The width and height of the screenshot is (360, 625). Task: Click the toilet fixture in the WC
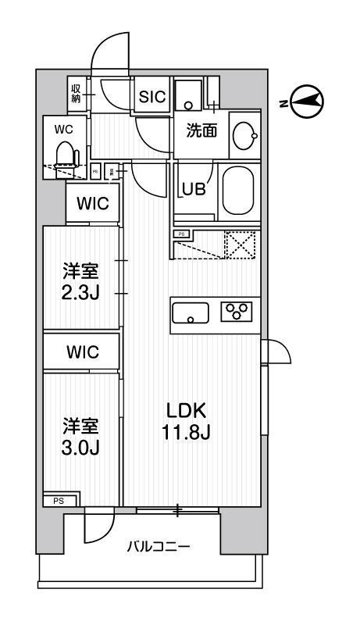pyautogui.click(x=66, y=155)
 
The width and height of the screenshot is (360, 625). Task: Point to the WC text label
pyautogui.click(x=63, y=128)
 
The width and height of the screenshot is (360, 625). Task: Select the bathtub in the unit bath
pyautogui.click(x=241, y=192)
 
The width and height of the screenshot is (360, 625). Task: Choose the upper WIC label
pyautogui.click(x=92, y=205)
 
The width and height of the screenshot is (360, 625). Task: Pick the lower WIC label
pyautogui.click(x=92, y=352)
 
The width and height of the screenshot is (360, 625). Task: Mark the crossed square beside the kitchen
pyautogui.click(x=241, y=245)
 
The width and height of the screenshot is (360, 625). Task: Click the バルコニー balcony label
pyautogui.click(x=159, y=546)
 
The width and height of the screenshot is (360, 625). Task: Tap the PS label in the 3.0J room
pyautogui.click(x=59, y=501)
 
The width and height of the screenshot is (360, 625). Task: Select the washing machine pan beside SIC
pyautogui.click(x=188, y=95)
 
